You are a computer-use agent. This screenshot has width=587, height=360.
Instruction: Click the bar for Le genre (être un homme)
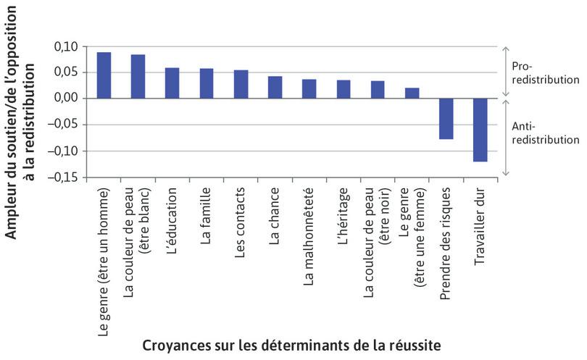click(x=104, y=75)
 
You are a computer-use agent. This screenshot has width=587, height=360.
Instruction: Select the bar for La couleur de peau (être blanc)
click(x=138, y=77)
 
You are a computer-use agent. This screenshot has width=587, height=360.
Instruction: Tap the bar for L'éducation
click(x=172, y=83)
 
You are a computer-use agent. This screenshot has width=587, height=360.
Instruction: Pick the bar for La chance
click(x=275, y=87)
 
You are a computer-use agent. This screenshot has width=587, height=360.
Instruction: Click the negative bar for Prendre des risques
click(x=446, y=119)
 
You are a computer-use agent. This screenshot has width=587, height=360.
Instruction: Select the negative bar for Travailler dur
click(x=480, y=130)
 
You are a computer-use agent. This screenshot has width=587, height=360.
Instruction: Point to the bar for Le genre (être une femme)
click(x=412, y=93)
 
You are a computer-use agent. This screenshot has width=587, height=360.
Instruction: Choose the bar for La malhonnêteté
click(x=309, y=89)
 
